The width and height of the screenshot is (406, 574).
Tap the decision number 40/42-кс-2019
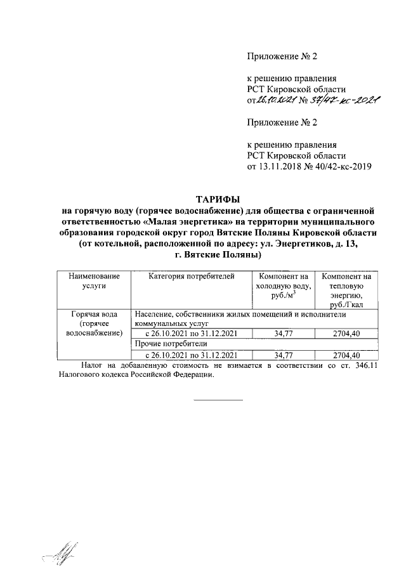point(339,167)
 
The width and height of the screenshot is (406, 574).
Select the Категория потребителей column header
point(192,276)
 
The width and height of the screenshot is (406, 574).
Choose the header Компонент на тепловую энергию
point(346,290)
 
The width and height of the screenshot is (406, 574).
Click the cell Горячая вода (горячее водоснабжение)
point(94,323)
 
